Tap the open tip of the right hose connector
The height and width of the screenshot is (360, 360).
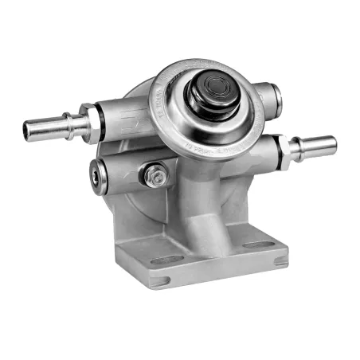coord(331,147)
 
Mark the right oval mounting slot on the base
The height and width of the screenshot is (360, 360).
coord(256,245)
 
